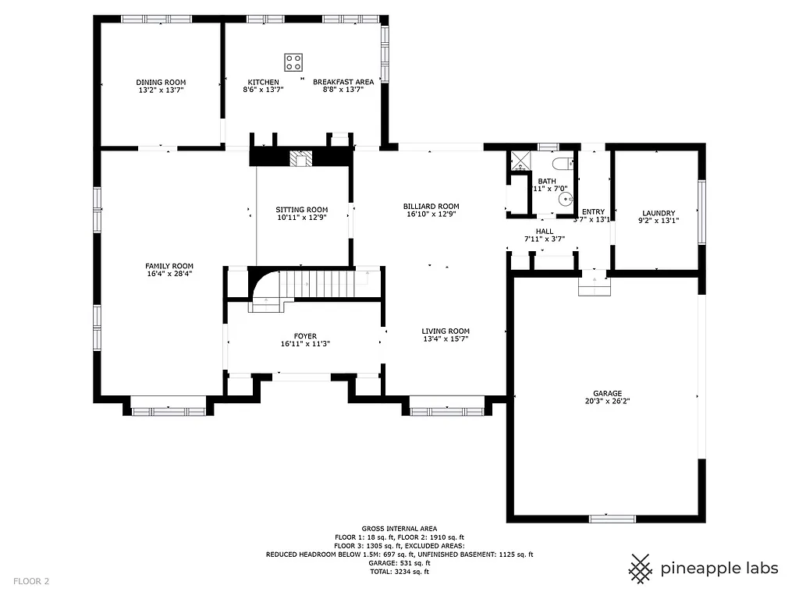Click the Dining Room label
pos(161,82)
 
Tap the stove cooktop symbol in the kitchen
pos(294,62)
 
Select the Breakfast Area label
pos(343,82)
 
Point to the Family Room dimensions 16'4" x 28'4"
pos(169,275)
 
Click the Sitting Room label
pos(302,210)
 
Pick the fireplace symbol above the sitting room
pos(300,159)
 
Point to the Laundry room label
pos(659,213)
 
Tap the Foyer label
pos(305,336)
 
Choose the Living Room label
pos(446,331)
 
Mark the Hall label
pos(544,231)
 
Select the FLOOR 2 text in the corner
pos(30,581)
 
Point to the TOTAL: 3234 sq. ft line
pos(399,572)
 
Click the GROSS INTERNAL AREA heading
pos(399,528)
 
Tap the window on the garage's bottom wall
pos(612,518)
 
